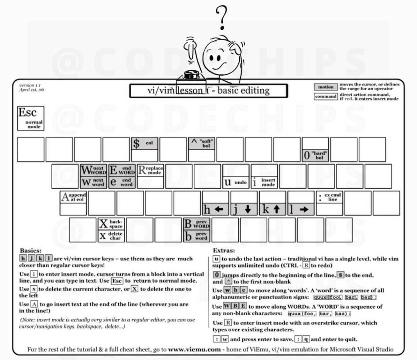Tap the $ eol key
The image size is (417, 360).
[144, 144]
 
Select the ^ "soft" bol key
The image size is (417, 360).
[201, 144]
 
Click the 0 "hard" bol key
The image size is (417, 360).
[315, 155]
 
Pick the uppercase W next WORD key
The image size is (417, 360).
[93, 170]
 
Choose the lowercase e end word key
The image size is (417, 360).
[122, 182]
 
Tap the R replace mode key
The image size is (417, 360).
[150, 170]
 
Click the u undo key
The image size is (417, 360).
[236, 182]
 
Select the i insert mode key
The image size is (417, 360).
[264, 182]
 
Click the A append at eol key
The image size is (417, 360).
[73, 197]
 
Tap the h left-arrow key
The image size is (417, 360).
[215, 209]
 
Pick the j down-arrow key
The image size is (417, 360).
[244, 209]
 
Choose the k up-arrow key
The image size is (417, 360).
[272, 209]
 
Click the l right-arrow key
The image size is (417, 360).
[301, 209]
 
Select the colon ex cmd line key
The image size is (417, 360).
[329, 197]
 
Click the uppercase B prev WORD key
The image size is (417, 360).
[197, 224]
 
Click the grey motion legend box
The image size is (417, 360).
[325, 87]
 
